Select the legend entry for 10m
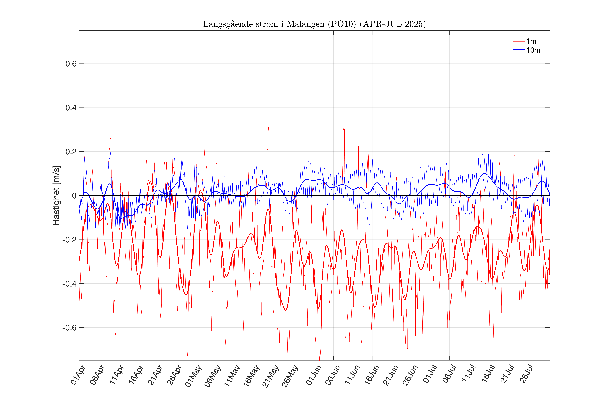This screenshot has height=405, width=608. pyautogui.click(x=533, y=50)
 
